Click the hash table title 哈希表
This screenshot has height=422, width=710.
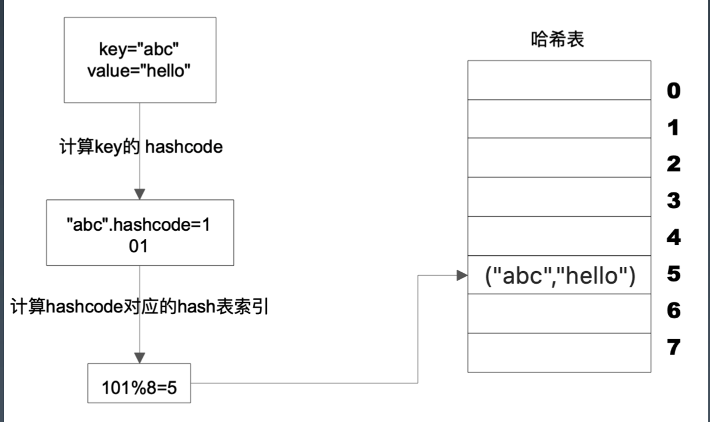coord(557,40)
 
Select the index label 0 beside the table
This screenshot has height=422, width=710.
coord(673,91)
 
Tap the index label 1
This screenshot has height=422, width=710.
coord(673,128)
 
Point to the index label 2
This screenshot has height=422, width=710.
coord(673,164)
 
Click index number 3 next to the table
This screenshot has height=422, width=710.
coord(673,201)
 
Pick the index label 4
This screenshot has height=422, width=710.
coord(673,237)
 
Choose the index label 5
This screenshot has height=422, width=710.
coord(673,274)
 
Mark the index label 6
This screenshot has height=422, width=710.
coord(673,311)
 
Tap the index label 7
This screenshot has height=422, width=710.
coord(673,347)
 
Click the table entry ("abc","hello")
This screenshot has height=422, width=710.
coord(560,276)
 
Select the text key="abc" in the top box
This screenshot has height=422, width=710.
coord(139,50)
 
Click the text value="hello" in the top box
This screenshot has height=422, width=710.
coord(139,71)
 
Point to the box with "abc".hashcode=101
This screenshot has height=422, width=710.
coord(140,233)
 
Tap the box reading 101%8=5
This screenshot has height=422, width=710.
coord(139,384)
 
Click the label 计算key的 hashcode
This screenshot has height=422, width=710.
coord(141,147)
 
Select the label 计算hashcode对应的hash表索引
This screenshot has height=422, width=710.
coord(139,307)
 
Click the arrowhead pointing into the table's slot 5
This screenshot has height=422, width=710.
coord(462,275)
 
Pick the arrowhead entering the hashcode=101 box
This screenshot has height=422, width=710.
coord(140,194)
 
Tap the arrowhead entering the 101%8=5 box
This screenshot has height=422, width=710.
coord(140,358)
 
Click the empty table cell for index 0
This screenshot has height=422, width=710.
coord(560,80)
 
